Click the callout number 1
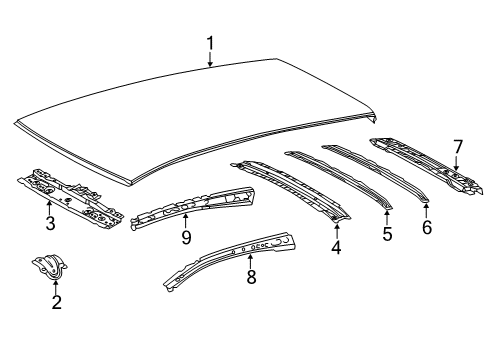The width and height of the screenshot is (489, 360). tap(210, 43)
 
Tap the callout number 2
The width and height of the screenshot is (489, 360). tap(56, 302)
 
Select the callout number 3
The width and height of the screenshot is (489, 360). tap(50, 223)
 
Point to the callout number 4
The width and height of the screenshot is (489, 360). tap(336, 247)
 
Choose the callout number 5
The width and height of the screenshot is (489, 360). tap(387, 234)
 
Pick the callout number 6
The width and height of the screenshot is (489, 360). tap(427, 227)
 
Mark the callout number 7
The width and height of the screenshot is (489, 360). tap(458, 147)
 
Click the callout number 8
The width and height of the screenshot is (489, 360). tap(251, 277)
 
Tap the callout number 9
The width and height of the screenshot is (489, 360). tap(186, 237)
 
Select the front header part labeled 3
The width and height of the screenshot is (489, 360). tap(71, 199)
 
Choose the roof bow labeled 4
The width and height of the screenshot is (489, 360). tap(290, 189)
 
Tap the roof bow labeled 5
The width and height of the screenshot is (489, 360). tap(338, 179)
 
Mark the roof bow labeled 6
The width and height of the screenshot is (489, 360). tap(375, 173)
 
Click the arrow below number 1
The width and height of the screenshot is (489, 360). tap(210, 58)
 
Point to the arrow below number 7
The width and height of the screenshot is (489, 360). tap(456, 163)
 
